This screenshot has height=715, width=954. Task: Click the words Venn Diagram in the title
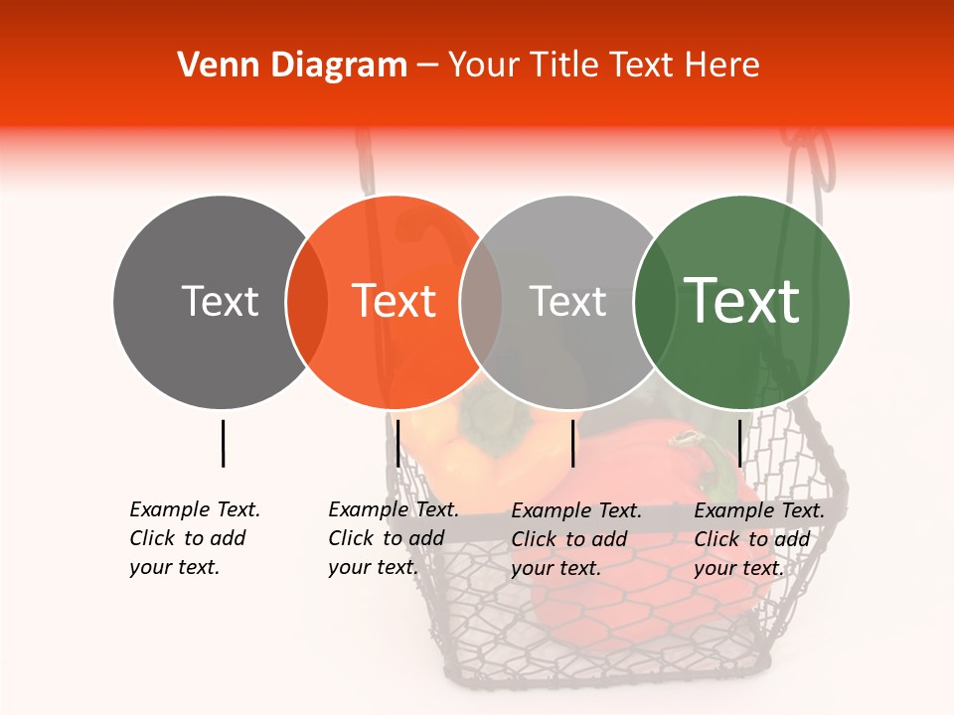[x=291, y=66]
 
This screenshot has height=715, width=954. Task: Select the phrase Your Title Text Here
[x=603, y=66]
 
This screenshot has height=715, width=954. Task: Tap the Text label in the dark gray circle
[x=220, y=301]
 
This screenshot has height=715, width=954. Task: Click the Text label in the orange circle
[x=395, y=301]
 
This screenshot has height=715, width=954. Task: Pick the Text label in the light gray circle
[x=568, y=301]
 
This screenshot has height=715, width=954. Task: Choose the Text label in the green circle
[x=742, y=300]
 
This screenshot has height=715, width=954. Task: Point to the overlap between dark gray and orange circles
[x=307, y=302]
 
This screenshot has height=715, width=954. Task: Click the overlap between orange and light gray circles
[x=481, y=302]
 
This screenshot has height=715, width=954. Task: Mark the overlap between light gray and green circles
[x=655, y=302]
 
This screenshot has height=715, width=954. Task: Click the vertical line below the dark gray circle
[x=223, y=443]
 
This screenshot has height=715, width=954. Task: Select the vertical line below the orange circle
[x=397, y=443]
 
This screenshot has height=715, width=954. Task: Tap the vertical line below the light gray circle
[x=572, y=443]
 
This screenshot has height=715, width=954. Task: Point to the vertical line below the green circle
[x=739, y=443]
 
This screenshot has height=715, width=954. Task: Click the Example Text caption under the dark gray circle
[x=194, y=538]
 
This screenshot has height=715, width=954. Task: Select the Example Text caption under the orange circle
[x=393, y=538]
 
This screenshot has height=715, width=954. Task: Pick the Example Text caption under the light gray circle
[x=575, y=539]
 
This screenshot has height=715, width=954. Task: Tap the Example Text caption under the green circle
[x=758, y=539]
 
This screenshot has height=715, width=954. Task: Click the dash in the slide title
[x=427, y=66]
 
